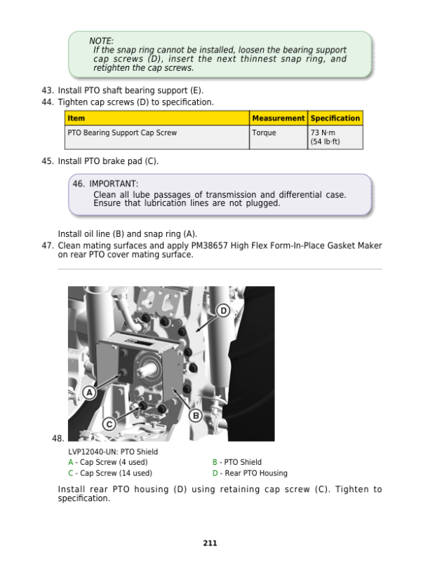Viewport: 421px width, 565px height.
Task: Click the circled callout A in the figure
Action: [x=90, y=393]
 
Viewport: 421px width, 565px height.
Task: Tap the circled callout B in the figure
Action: [x=196, y=416]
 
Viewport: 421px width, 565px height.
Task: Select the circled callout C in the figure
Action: [x=109, y=424]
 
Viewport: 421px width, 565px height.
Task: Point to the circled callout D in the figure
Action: [x=223, y=311]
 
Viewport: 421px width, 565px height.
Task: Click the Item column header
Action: [x=76, y=118]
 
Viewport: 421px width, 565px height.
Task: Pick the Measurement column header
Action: [x=278, y=118]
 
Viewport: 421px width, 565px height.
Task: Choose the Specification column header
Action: [x=335, y=118]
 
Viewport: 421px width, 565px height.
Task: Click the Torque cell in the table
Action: [x=264, y=132]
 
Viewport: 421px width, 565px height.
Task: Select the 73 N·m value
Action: [x=323, y=132]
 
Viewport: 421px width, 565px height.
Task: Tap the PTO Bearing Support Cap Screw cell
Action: [x=122, y=132]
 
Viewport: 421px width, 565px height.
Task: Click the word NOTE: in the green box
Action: [x=101, y=41]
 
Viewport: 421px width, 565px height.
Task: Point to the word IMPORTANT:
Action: [x=114, y=184]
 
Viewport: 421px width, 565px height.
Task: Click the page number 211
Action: [x=210, y=543]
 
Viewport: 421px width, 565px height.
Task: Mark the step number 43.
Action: [x=48, y=90]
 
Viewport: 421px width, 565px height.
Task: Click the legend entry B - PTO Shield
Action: [x=237, y=462]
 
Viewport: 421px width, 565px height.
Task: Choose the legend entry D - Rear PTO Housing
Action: [x=250, y=473]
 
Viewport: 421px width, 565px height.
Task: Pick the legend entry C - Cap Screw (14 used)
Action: [x=110, y=473]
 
